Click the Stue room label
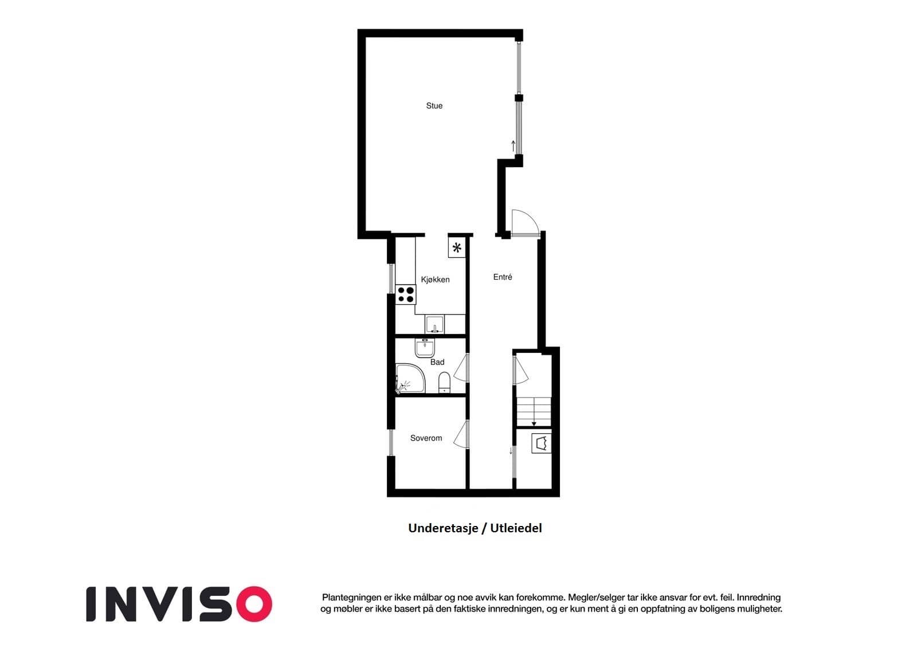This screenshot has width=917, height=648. click(x=434, y=105)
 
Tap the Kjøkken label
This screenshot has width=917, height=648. click(x=435, y=280)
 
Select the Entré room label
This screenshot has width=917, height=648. click(x=502, y=277)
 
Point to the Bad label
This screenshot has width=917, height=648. click(x=437, y=362)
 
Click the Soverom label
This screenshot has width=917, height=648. click(x=426, y=438)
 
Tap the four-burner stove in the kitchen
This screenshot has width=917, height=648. click(x=406, y=294)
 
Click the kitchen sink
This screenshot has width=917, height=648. click(x=434, y=324)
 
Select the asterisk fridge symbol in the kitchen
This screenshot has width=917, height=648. click(x=457, y=248)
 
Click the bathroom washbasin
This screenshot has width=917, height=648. click(x=425, y=348)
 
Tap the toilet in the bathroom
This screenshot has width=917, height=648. click(x=444, y=382)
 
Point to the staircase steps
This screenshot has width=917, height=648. click(x=534, y=411)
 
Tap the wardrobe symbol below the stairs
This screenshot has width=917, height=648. click(x=542, y=443)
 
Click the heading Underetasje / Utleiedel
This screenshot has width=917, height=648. click(x=475, y=528)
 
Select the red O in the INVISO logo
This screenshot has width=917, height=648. click(x=254, y=604)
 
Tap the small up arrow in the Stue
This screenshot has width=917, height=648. click(x=514, y=146)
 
